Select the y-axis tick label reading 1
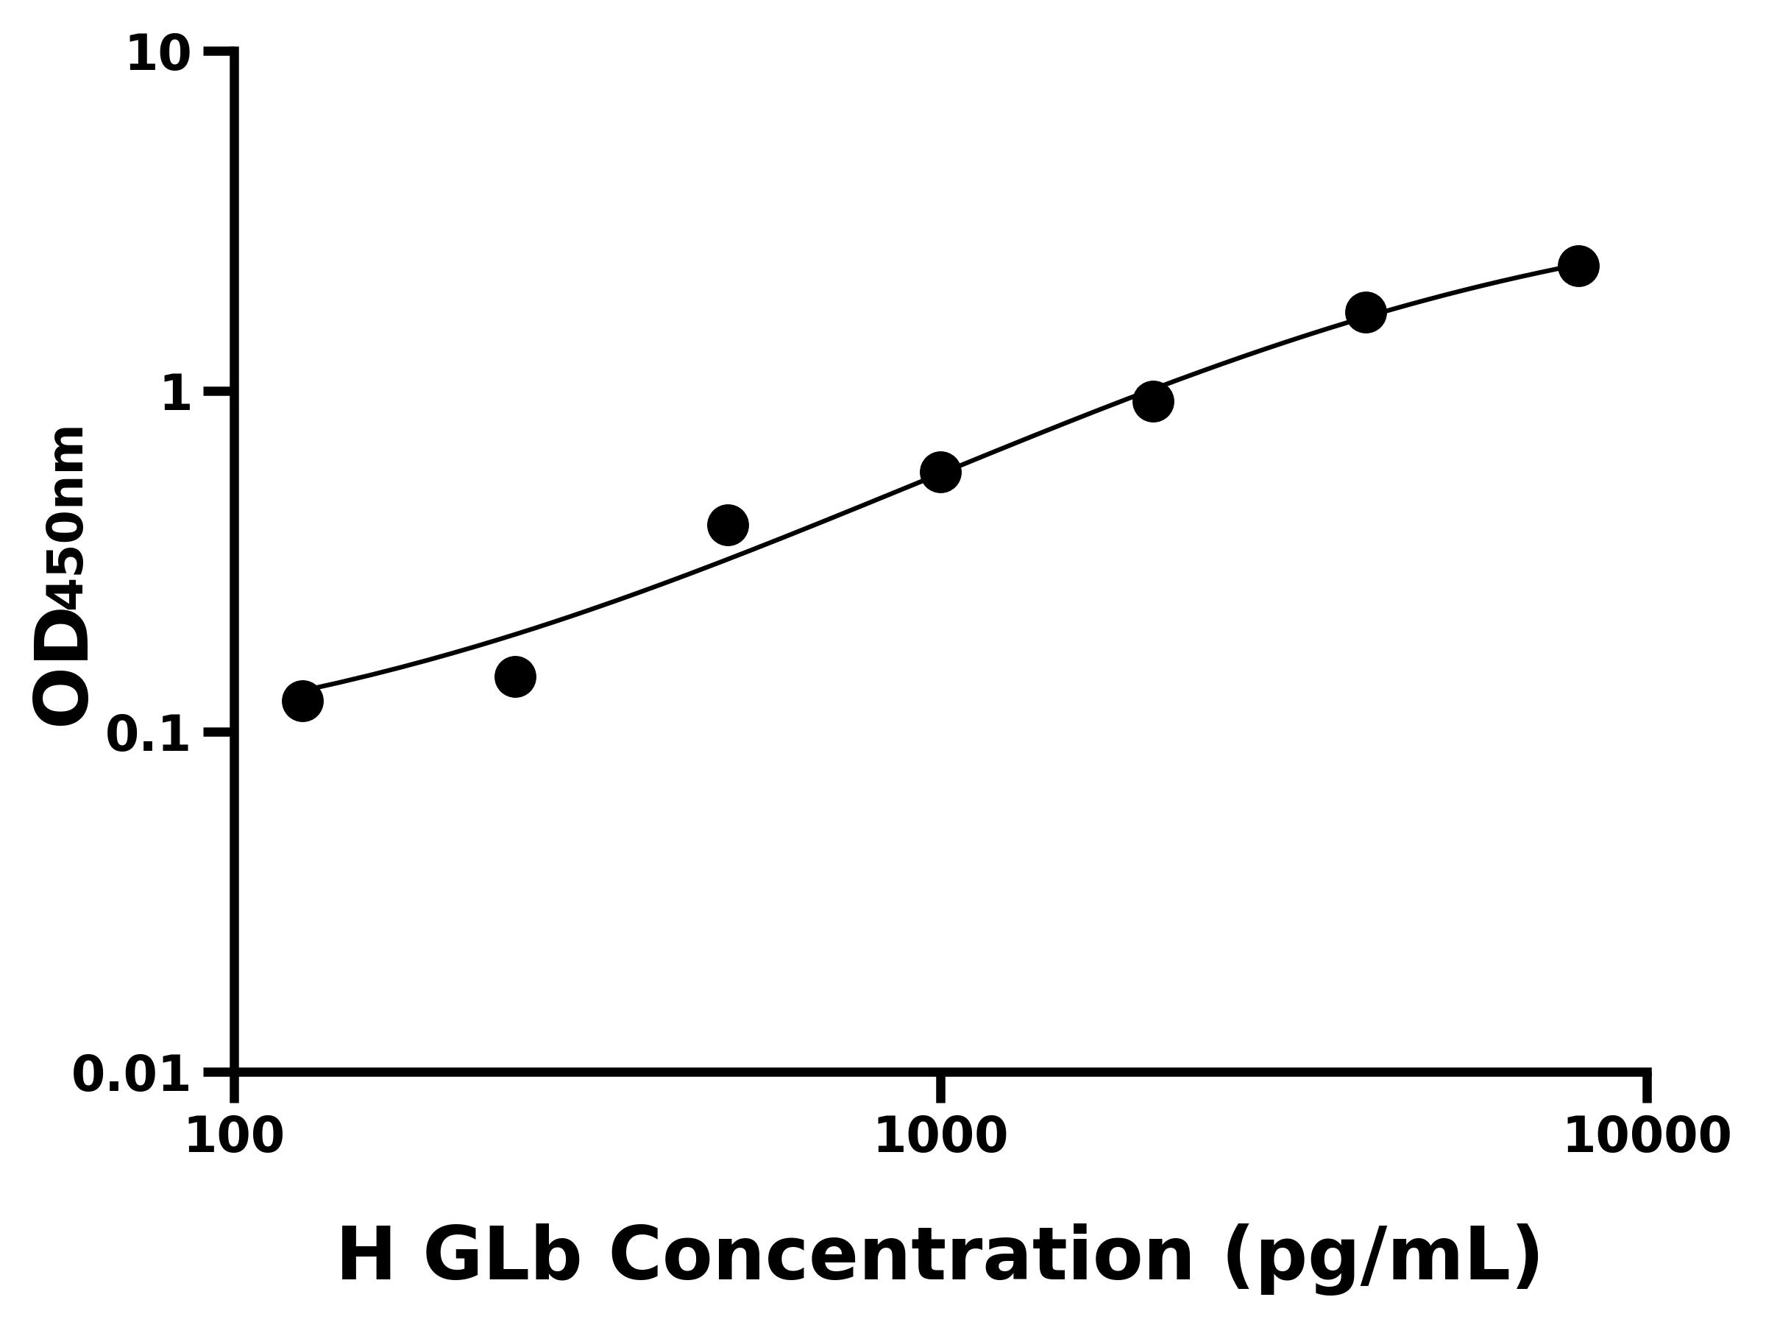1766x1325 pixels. (177, 395)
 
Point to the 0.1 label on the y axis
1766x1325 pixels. (149, 735)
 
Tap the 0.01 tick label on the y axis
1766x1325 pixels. (132, 1075)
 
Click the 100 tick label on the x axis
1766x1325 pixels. (234, 1137)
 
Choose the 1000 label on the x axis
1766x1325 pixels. (940, 1137)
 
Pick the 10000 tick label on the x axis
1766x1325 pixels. (1646, 1137)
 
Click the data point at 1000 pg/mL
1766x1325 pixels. (940, 472)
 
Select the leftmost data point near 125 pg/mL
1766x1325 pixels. (302, 702)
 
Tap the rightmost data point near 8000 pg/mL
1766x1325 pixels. (1578, 266)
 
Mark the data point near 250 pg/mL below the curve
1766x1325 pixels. (515, 677)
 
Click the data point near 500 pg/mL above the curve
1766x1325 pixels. (727, 525)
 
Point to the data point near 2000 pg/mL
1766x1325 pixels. (1153, 401)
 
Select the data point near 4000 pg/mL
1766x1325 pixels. (1366, 312)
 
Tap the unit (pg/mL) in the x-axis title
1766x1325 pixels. (1382, 1259)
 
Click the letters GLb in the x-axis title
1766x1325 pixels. (500, 1257)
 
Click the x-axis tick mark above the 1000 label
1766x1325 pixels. (940, 1088)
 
